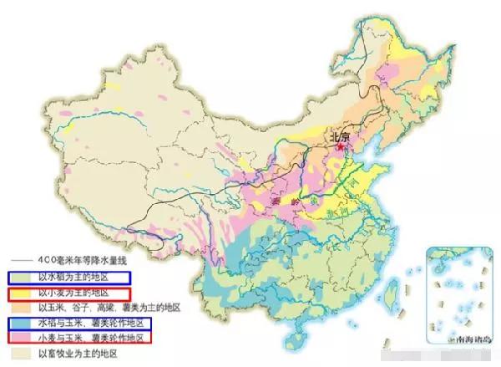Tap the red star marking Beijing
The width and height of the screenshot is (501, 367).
point(340,147)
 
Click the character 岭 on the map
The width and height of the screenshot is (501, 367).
point(293,203)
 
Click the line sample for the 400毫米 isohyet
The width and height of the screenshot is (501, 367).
point(21,260)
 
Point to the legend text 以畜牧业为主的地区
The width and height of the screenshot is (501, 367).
point(78,354)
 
